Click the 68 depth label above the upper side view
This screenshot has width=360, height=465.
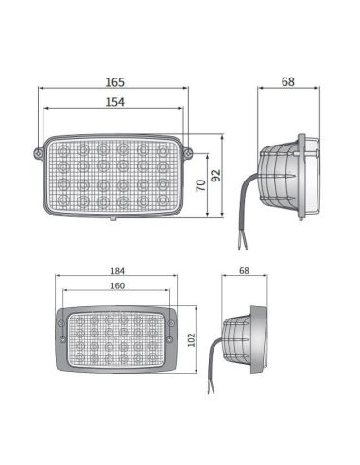tap(288, 82)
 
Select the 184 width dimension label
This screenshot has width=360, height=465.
tap(117, 271)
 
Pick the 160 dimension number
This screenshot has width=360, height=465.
tap(117, 285)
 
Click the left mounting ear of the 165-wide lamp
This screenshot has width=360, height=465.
tap(39, 152)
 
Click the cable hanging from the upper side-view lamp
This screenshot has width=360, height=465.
tap(243, 213)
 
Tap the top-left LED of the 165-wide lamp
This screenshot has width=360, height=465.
tap(64, 152)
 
